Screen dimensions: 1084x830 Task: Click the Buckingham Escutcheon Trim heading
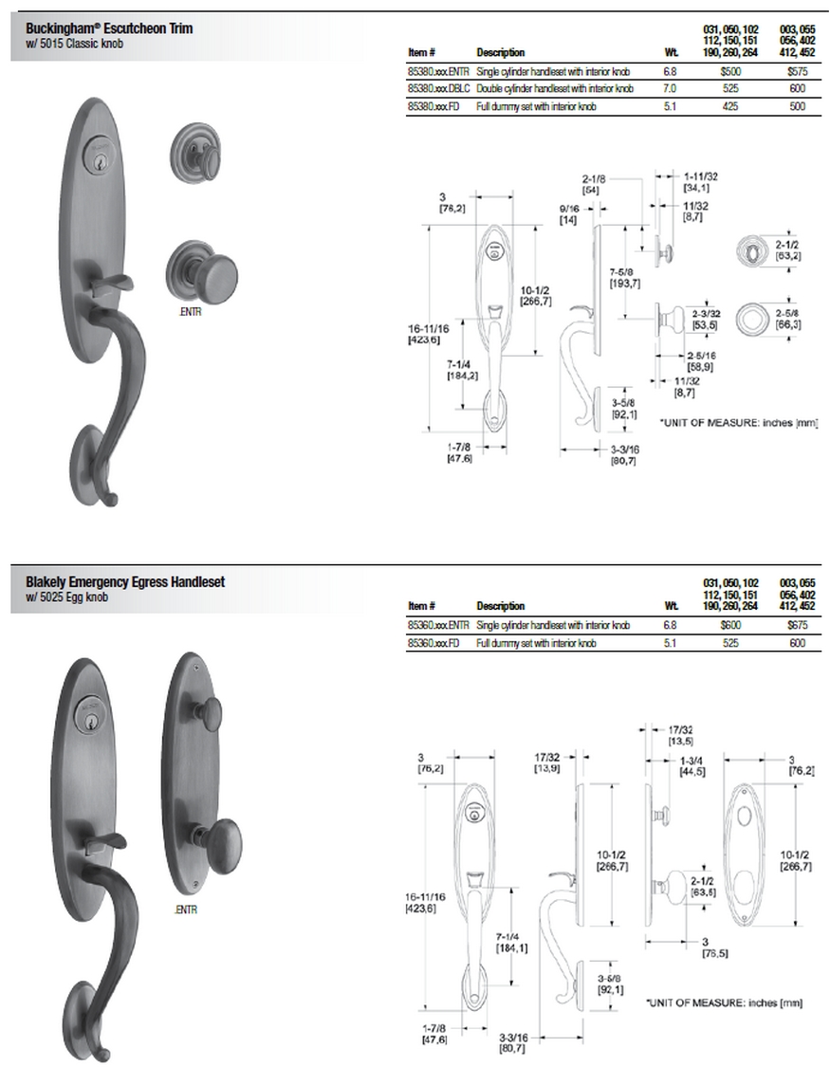(109, 28)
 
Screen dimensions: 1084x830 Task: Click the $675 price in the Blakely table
(797, 625)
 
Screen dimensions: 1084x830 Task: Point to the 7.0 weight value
(670, 88)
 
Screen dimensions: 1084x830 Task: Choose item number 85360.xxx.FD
(433, 643)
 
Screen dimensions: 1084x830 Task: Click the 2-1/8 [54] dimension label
(595, 184)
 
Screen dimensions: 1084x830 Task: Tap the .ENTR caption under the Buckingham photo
(191, 312)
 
